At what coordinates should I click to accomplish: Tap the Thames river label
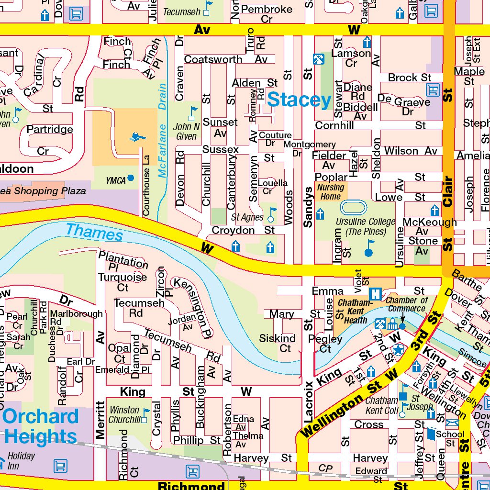(x=94, y=232)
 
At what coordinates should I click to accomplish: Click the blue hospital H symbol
(x=375, y=293)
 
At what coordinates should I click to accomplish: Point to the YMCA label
(x=116, y=180)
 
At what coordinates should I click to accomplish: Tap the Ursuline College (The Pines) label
(x=365, y=227)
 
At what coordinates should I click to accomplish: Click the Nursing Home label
(x=331, y=192)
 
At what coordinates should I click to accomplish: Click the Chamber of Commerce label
(x=406, y=304)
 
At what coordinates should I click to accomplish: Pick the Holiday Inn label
(x=22, y=460)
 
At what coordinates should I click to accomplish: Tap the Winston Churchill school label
(x=124, y=415)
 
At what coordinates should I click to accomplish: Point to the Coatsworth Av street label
(x=226, y=59)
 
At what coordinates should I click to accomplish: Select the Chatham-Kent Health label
(x=355, y=312)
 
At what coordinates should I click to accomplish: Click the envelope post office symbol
(x=452, y=423)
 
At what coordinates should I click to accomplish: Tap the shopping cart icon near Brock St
(x=433, y=89)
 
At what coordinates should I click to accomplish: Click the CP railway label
(x=325, y=468)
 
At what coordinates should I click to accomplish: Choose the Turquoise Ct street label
(x=122, y=282)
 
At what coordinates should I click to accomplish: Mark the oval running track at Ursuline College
(x=354, y=208)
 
